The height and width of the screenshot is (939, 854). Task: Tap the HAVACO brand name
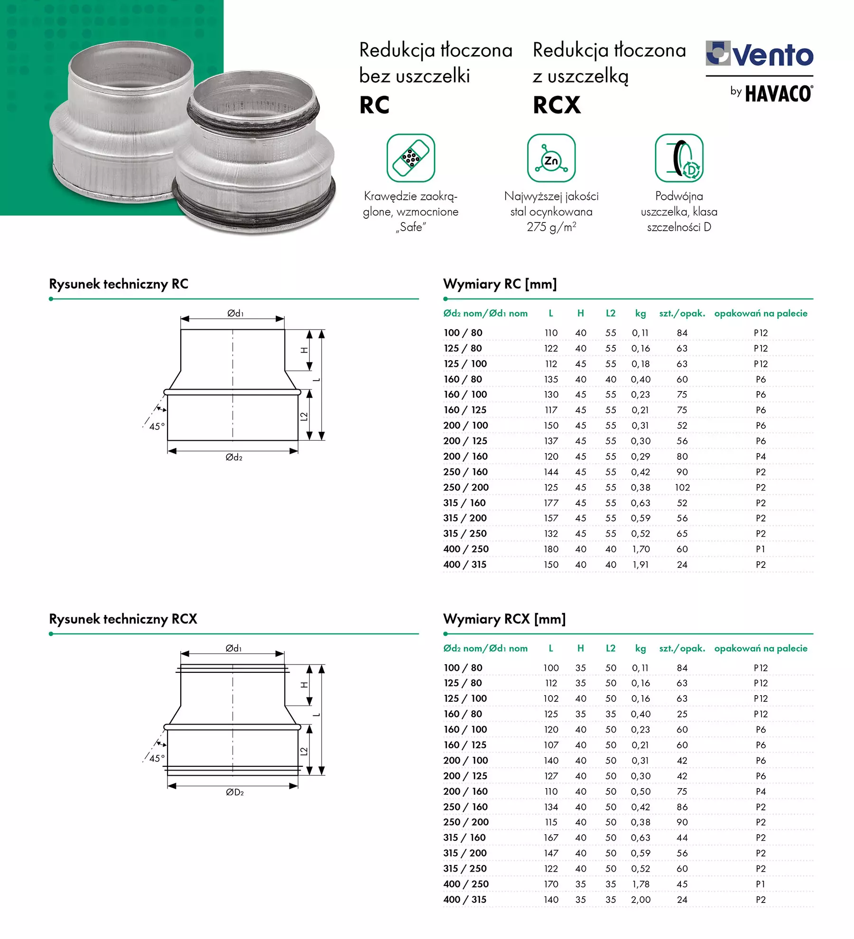[x=779, y=94]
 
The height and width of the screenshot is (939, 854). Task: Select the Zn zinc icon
[x=551, y=158]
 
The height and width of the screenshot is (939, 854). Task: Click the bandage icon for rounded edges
[x=410, y=158]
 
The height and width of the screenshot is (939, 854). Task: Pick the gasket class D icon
[x=679, y=158]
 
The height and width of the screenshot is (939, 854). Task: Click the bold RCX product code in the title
[x=557, y=105]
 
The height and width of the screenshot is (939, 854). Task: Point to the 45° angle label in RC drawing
[x=157, y=426]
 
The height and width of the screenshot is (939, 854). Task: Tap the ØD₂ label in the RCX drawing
[x=235, y=792]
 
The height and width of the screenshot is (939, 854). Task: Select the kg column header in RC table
[x=640, y=313]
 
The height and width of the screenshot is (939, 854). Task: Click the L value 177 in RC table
[x=551, y=502]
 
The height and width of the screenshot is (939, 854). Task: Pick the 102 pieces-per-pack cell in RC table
[x=682, y=487]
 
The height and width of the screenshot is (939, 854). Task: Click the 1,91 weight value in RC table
[x=640, y=565]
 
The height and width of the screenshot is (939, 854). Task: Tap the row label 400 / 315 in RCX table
[x=465, y=899]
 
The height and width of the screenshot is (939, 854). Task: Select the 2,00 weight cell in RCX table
[x=640, y=899]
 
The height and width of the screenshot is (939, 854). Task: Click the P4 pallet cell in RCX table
[x=761, y=791]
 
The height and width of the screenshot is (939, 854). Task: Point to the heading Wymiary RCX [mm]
[x=504, y=619]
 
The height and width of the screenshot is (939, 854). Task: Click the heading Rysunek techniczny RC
[x=119, y=284]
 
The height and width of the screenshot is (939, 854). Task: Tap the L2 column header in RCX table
[x=611, y=648]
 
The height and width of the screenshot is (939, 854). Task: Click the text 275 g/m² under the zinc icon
[x=551, y=227]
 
